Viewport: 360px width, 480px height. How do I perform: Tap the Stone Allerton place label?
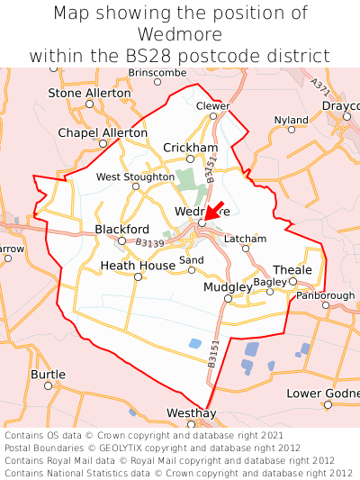[x=88, y=93]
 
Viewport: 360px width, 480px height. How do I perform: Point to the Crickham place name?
[x=190, y=147]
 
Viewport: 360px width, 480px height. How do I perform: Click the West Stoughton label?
[x=135, y=177]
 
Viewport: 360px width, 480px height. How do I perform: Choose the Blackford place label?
[x=121, y=229]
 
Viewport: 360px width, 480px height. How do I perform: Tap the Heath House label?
[x=138, y=266]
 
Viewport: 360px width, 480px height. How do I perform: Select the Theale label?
[x=292, y=269]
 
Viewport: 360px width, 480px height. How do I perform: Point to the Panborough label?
[x=325, y=295]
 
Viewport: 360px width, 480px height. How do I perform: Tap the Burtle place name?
[x=48, y=374]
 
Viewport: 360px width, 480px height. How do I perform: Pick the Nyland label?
[x=291, y=120]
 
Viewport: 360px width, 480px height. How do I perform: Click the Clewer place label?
[x=213, y=104]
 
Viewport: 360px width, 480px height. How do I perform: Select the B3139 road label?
[x=150, y=243]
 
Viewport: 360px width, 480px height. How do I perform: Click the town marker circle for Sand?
[x=192, y=269]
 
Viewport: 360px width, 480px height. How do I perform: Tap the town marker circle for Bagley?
[x=269, y=292]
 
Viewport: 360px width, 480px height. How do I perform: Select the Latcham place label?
[x=245, y=239]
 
